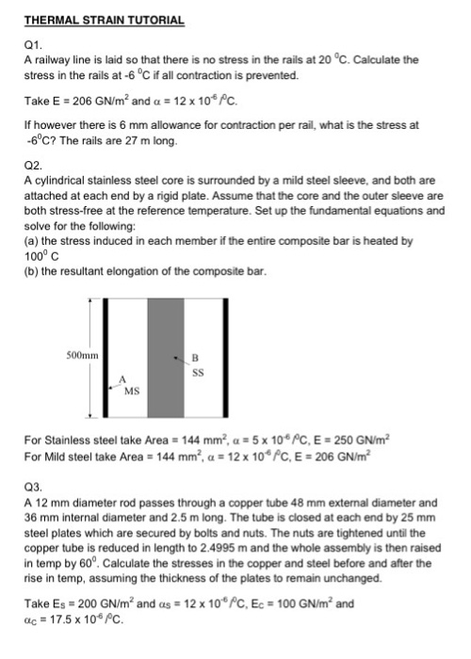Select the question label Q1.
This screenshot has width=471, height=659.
[32, 43]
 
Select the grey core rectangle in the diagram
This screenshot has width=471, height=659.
[166, 358]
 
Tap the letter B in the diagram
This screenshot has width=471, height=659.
[195, 357]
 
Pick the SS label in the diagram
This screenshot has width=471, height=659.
[197, 371]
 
